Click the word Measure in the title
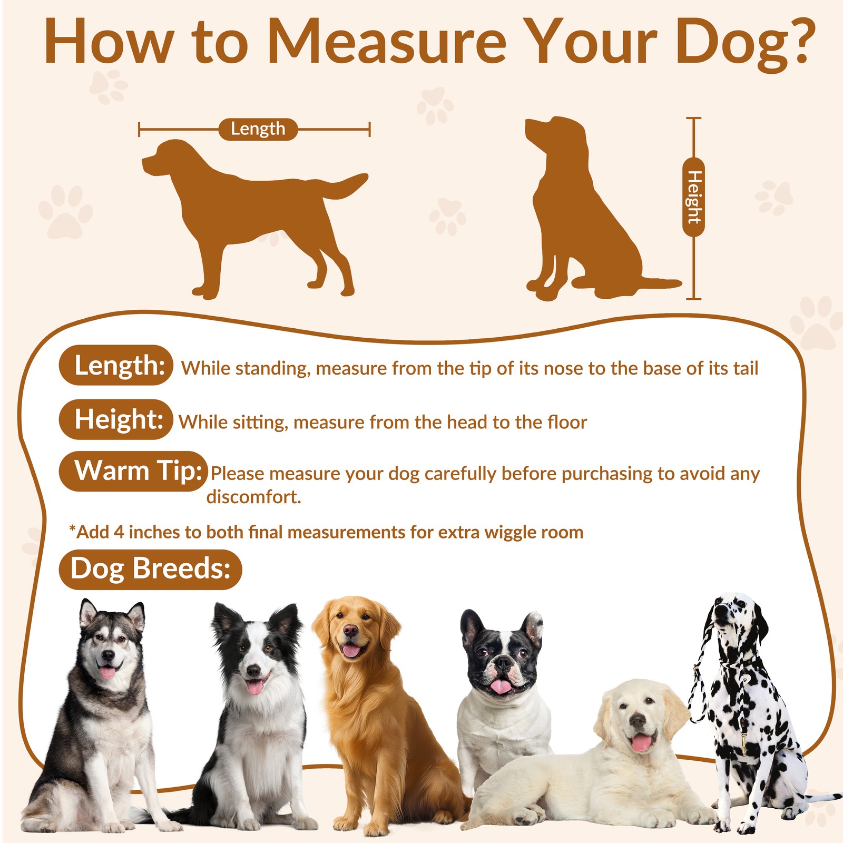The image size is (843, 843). (387, 42)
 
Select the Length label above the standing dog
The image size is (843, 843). (258, 129)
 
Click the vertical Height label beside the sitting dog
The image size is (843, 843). (693, 197)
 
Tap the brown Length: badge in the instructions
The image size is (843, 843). (116, 365)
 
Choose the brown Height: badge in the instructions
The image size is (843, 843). (116, 419)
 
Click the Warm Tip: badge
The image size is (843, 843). (133, 471)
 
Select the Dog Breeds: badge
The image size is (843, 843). (150, 570)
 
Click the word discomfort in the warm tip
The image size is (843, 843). (253, 497)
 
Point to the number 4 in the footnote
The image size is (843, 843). (119, 532)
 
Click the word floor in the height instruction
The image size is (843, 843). (567, 422)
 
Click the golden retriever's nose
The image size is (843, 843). (350, 631)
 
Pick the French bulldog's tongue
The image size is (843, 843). (499, 686)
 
